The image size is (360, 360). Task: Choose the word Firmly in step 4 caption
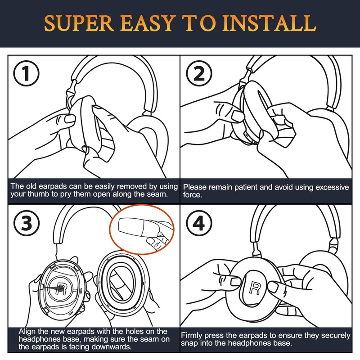194,336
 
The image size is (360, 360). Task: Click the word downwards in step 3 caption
112,347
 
